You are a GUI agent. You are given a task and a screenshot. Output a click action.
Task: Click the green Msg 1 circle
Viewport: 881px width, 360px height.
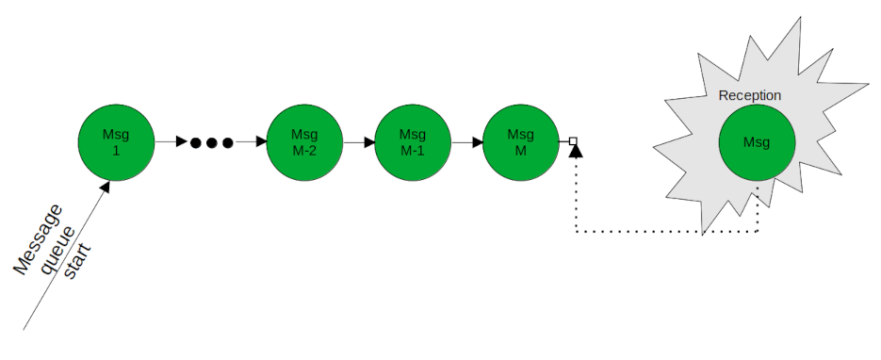click(x=115, y=142)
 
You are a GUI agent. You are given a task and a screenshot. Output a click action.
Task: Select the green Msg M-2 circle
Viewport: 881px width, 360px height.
click(x=303, y=142)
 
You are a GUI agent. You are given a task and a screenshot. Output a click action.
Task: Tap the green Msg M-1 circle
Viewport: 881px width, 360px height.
click(x=412, y=142)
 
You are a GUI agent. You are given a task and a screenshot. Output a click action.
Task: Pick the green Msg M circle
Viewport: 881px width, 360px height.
click(x=520, y=142)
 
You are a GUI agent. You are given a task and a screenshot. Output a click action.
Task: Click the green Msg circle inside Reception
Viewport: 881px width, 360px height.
click(x=756, y=142)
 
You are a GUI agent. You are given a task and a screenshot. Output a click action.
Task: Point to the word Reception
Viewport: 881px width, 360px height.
click(x=749, y=96)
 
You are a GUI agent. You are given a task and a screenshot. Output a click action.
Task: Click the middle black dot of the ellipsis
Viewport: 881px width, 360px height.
click(x=211, y=143)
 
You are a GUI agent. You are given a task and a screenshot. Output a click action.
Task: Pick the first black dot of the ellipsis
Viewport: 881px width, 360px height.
click(x=196, y=143)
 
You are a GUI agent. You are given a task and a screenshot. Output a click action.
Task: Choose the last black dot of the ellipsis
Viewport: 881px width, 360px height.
click(x=227, y=143)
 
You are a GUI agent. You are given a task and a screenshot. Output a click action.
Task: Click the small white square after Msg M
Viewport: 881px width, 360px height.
click(x=573, y=142)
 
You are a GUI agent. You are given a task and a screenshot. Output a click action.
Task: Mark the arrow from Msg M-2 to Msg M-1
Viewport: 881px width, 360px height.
click(x=357, y=142)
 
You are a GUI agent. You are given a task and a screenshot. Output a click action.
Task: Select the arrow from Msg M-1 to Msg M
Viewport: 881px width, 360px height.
click(x=465, y=142)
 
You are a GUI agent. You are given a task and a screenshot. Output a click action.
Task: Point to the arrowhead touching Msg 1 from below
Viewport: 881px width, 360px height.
click(x=104, y=187)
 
